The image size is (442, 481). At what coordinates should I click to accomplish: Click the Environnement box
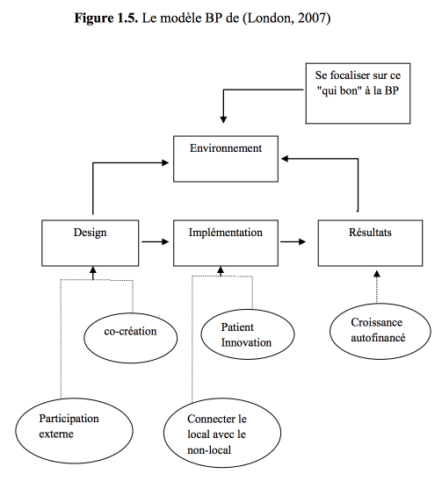pos(226,159)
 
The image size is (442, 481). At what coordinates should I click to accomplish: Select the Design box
pos(90,243)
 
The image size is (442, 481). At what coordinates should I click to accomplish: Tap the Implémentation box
pos(226,243)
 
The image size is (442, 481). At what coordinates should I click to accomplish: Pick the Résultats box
pos(370,243)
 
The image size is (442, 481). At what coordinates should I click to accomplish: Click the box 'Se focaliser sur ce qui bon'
pos(358,94)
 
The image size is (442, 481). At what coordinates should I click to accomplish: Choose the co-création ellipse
pos(131,338)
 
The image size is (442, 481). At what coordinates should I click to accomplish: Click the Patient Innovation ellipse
pos(248,334)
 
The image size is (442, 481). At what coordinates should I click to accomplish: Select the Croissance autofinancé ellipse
pos(380,331)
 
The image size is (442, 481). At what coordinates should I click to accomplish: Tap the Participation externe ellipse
pos(74,431)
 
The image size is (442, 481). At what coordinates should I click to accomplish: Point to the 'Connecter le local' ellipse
pos(222,433)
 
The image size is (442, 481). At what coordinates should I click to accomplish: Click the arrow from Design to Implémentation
pos(156,241)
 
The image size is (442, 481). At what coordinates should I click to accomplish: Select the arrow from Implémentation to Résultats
pos(293,241)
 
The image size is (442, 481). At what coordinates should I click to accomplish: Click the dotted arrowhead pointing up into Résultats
pos(377,274)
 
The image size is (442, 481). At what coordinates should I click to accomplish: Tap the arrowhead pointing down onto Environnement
pos(223,119)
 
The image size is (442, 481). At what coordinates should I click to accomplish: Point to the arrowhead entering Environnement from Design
pos(165,162)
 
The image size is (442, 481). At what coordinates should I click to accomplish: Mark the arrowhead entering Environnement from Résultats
pos(285,159)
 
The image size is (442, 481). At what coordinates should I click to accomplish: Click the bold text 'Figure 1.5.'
pos(106,18)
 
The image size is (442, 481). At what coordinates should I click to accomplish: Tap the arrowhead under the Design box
pos(93,270)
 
